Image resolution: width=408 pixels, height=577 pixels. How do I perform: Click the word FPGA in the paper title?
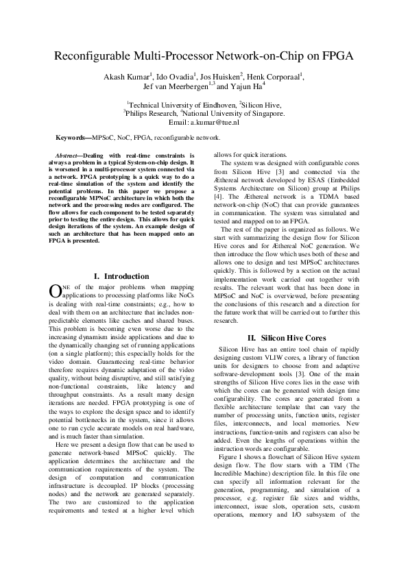335,58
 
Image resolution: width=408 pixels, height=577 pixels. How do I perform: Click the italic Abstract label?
68,156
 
